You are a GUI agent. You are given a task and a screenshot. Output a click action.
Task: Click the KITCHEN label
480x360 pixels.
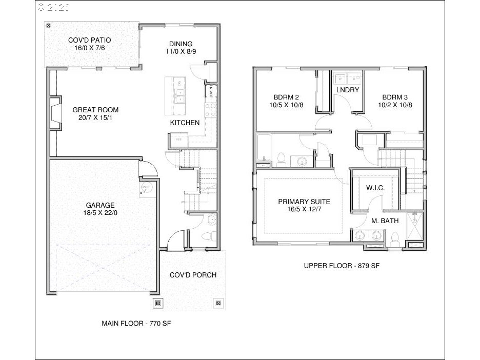(185, 123)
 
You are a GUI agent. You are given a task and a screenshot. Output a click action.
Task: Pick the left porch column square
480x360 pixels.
(158, 303)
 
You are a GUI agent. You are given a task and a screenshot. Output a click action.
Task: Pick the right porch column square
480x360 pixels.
(219, 303)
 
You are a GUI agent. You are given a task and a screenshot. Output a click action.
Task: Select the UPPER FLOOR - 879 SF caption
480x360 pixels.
(341, 266)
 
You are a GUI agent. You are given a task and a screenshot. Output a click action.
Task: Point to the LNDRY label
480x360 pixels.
(348, 90)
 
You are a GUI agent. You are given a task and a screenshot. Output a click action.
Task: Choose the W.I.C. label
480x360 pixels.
(375, 188)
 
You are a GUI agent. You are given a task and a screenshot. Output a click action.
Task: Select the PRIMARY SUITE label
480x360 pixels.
(304, 202)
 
